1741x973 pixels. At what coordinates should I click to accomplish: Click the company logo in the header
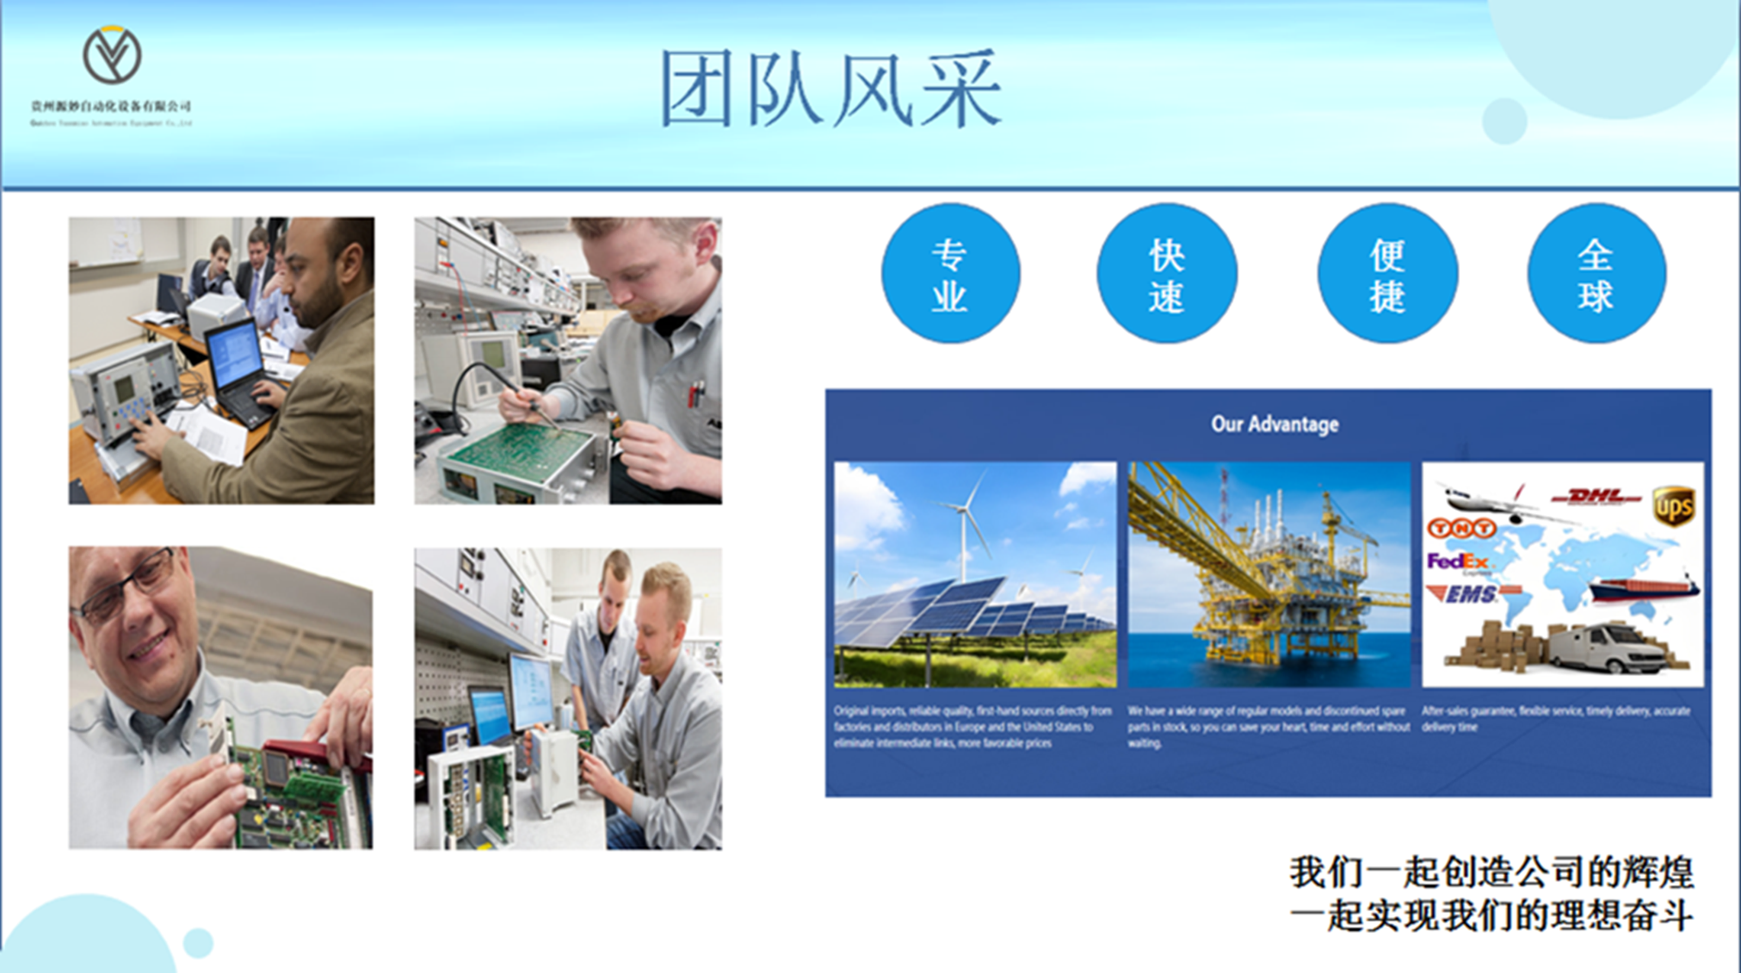112,55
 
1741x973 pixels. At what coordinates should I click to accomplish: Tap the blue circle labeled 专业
950,274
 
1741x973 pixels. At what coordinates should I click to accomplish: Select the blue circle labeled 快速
1166,274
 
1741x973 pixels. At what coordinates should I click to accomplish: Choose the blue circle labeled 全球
1596,274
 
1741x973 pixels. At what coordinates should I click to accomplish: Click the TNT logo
1461,528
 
